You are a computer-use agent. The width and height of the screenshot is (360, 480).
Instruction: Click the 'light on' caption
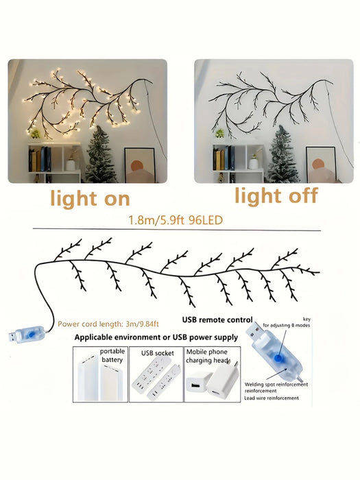(91, 199)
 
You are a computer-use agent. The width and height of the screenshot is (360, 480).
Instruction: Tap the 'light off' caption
(276, 196)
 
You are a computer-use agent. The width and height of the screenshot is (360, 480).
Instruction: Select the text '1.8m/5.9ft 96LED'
(176, 220)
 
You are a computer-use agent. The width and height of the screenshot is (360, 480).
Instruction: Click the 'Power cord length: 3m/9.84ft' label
(108, 324)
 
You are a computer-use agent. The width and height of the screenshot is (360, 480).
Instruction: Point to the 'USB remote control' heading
(217, 320)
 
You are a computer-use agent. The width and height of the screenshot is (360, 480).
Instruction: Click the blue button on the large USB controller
(278, 357)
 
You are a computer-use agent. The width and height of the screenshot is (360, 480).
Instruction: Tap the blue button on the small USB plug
(30, 335)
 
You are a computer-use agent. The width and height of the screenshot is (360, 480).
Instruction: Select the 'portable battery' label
(112, 355)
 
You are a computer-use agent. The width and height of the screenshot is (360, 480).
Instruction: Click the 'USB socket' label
(157, 353)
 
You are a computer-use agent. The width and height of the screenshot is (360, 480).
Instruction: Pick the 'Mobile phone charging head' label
(207, 357)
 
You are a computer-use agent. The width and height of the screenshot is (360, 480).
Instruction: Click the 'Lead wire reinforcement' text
(272, 398)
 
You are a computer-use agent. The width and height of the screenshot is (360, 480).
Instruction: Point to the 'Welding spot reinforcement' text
(276, 385)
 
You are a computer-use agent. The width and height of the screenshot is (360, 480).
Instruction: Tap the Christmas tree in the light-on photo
(100, 156)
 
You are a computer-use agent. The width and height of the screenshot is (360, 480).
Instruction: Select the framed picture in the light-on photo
(140, 165)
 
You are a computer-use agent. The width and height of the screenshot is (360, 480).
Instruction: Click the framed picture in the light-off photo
(321, 165)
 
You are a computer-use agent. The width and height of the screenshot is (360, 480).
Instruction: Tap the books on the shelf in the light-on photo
(40, 159)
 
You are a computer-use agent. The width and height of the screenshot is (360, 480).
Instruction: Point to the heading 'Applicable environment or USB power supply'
(156, 337)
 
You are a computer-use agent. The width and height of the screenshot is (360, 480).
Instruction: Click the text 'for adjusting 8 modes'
(286, 326)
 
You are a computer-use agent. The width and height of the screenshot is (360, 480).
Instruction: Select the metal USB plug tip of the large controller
(254, 331)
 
